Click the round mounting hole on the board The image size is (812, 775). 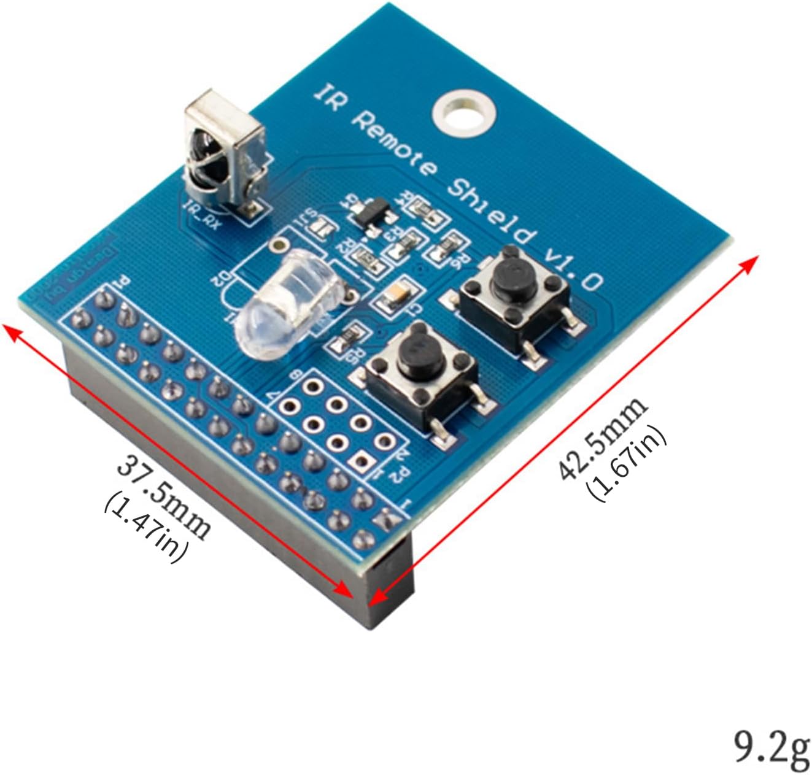tap(463, 112)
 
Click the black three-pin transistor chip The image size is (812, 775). tap(369, 215)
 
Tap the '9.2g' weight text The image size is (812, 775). tap(772, 747)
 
